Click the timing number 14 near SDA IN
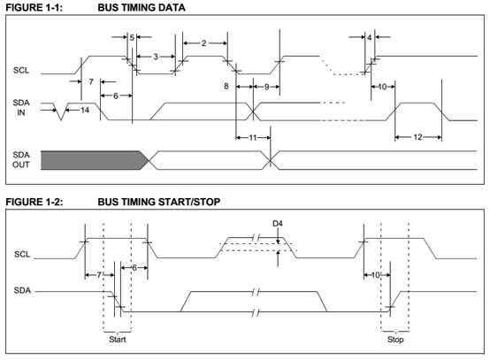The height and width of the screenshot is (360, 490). (85, 110)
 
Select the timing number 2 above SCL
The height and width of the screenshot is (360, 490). (203, 43)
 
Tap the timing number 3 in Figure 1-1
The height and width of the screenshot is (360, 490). (156, 57)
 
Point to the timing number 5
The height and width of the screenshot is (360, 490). (132, 37)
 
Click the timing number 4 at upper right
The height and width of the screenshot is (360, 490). (370, 37)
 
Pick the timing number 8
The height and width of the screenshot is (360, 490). (226, 87)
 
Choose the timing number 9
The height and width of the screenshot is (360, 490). (266, 87)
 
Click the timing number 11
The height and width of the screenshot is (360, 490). (253, 137)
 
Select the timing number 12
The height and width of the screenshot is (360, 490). (417, 137)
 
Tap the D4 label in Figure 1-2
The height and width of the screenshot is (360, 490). (278, 224)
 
